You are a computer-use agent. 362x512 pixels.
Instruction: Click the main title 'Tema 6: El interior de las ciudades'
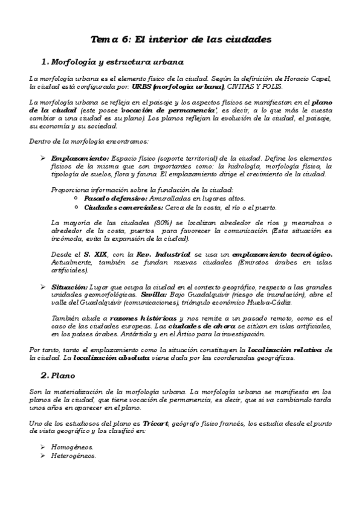coord(181,39)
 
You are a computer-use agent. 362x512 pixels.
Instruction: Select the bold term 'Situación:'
coord(69,286)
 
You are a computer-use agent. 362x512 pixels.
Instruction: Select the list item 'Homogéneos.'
coord(73,447)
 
